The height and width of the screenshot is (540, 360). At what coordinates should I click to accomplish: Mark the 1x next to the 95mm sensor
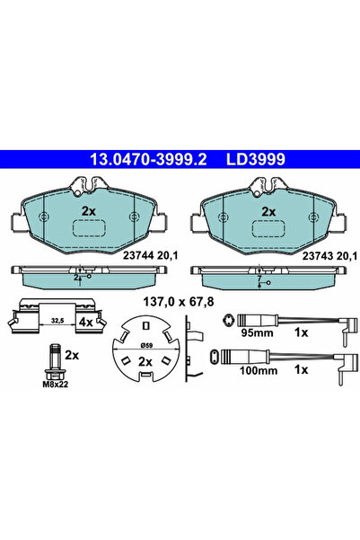pos(302,333)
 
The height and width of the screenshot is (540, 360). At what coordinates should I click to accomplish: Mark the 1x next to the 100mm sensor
pos(302,369)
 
